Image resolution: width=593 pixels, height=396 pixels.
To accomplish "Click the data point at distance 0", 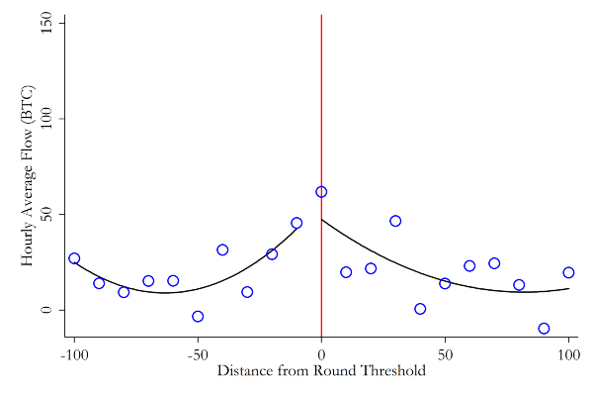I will pos(321,192).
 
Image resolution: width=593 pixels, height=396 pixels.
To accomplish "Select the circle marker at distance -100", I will pos(74,258).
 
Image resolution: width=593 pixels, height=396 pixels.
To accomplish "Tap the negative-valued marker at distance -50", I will pos(198,317).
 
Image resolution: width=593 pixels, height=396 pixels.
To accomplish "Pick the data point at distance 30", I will pos(395,221).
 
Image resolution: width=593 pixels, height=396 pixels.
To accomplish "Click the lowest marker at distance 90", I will pos(544,329).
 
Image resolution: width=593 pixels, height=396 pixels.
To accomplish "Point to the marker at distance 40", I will pos(420,309).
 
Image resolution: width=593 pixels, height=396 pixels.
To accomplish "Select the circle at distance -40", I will pos(222,250).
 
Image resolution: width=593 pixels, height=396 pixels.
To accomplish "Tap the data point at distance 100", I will pos(568,272).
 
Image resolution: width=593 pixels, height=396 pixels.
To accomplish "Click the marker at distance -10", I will pos(296,223).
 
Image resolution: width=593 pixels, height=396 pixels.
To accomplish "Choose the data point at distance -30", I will pos(247,292).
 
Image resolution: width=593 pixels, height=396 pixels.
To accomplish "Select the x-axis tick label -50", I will pos(198,353).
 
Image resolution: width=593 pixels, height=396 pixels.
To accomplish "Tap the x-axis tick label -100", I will pos(74,353).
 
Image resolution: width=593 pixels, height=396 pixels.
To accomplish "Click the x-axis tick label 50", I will pos(445,353).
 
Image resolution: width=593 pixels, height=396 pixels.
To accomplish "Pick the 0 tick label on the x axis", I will pos(321,353).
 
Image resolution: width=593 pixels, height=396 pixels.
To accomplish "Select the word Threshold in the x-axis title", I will pos(392,371).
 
